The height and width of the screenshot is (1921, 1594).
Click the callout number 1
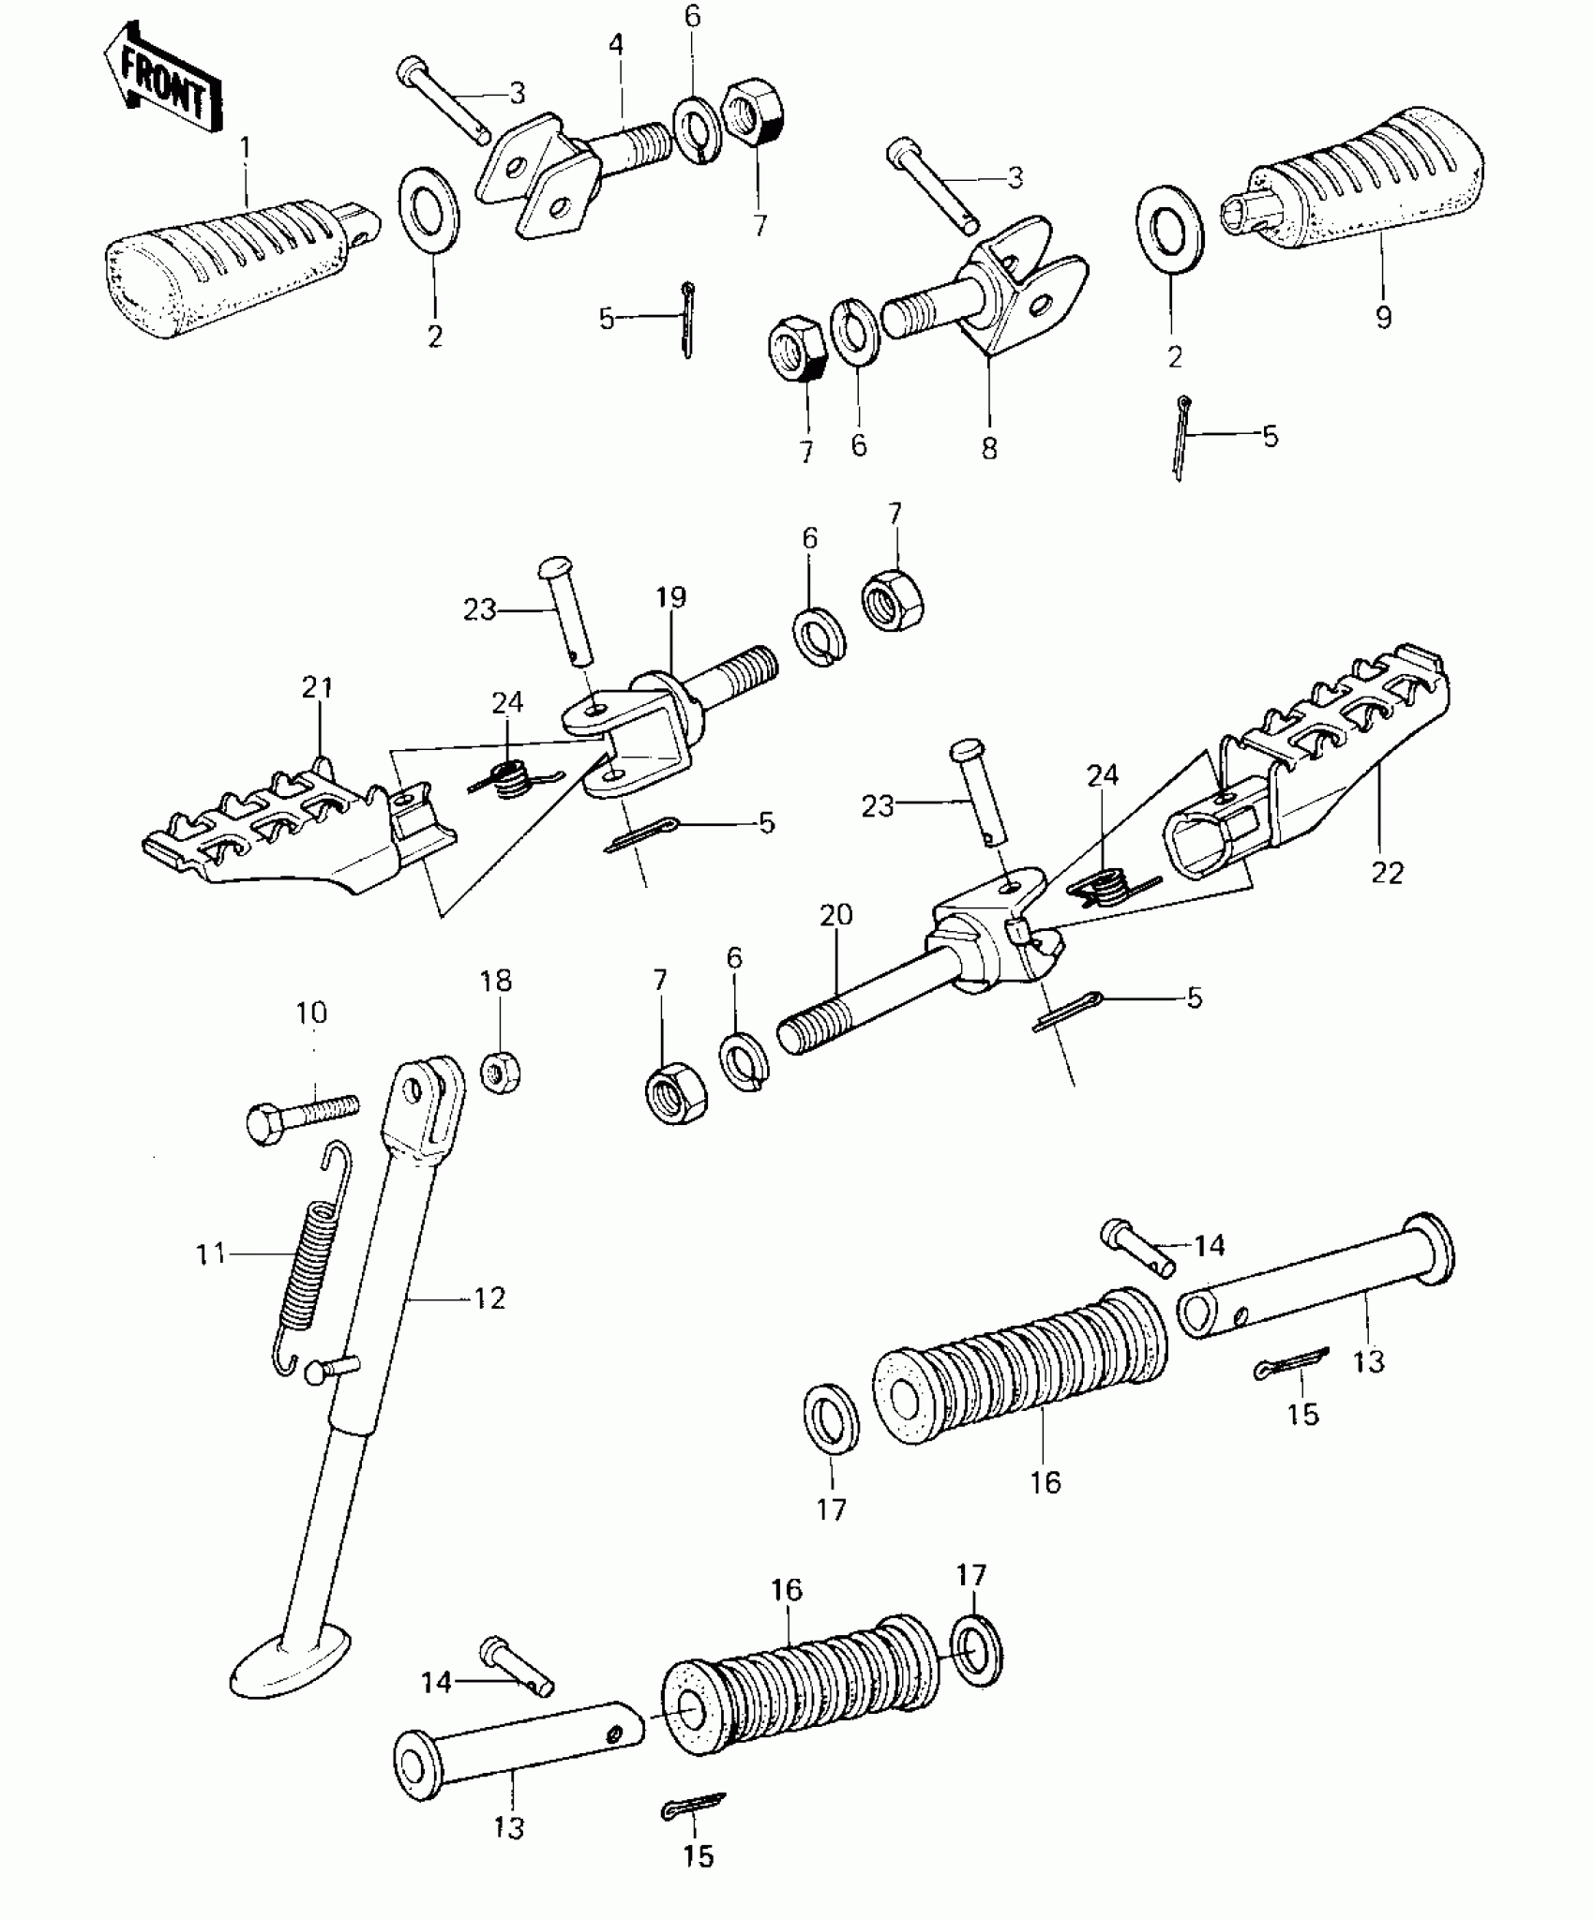tap(246, 148)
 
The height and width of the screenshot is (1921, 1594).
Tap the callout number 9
tap(1383, 317)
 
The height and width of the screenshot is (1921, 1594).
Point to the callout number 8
tap(989, 448)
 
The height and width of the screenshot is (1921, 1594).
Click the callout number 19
tap(671, 597)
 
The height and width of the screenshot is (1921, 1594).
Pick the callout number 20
tap(836, 915)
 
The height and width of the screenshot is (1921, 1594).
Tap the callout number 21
tap(318, 689)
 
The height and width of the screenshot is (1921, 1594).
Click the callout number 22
tap(1387, 873)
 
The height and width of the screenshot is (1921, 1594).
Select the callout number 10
tap(312, 1013)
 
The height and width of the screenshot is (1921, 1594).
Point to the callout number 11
tap(211, 1253)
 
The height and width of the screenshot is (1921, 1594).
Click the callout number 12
tap(489, 1298)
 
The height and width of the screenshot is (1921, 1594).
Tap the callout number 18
tap(496, 981)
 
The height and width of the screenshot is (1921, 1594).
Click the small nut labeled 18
tap(502, 1073)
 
